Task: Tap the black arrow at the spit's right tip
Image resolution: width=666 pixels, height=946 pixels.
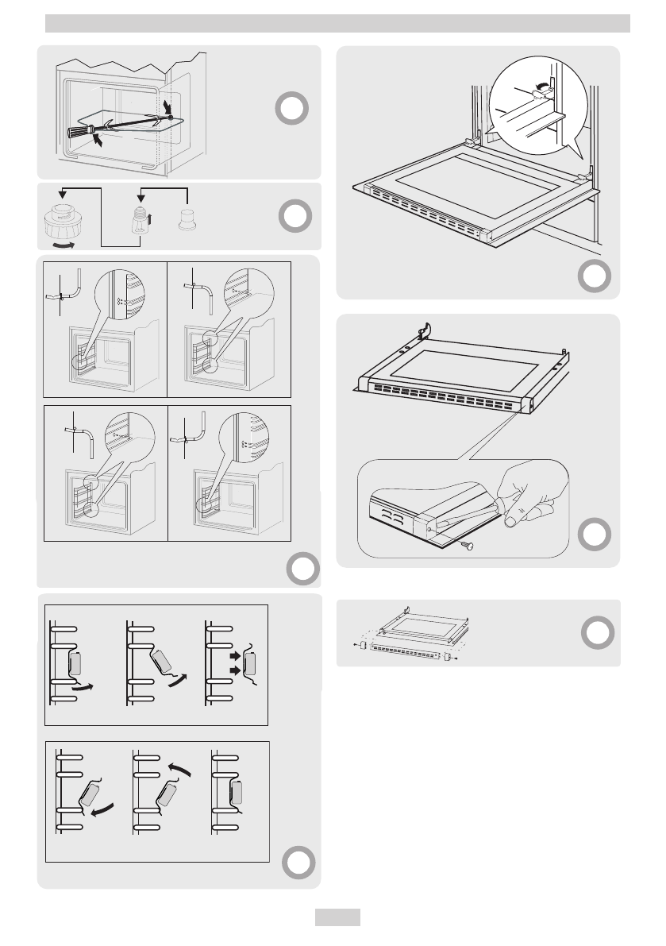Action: click(x=165, y=106)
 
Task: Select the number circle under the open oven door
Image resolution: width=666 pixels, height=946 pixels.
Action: click(x=595, y=276)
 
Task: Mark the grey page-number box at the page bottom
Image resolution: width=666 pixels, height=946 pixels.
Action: click(x=337, y=917)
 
